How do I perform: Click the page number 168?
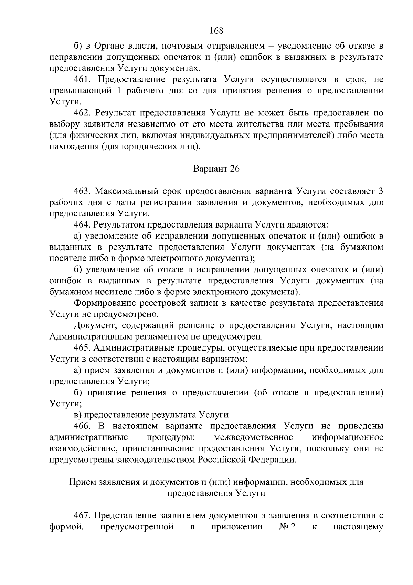pyautogui.click(x=216, y=31)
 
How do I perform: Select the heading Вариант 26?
pyautogui.click(x=216, y=169)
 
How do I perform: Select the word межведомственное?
pyautogui.click(x=253, y=437)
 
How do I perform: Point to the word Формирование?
pyautogui.click(x=104, y=303)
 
